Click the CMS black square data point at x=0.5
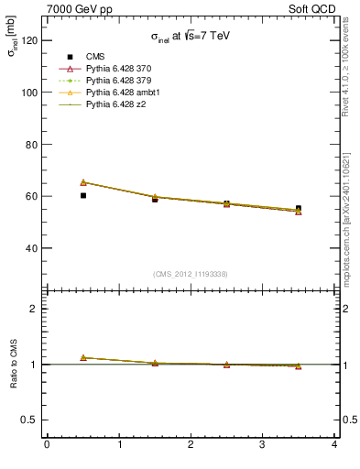[82, 195]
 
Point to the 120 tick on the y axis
[29, 40]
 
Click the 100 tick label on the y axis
[29, 93]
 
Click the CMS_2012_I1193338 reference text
[191, 274]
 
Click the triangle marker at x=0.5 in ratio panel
[82, 357]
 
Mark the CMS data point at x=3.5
[299, 209]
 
